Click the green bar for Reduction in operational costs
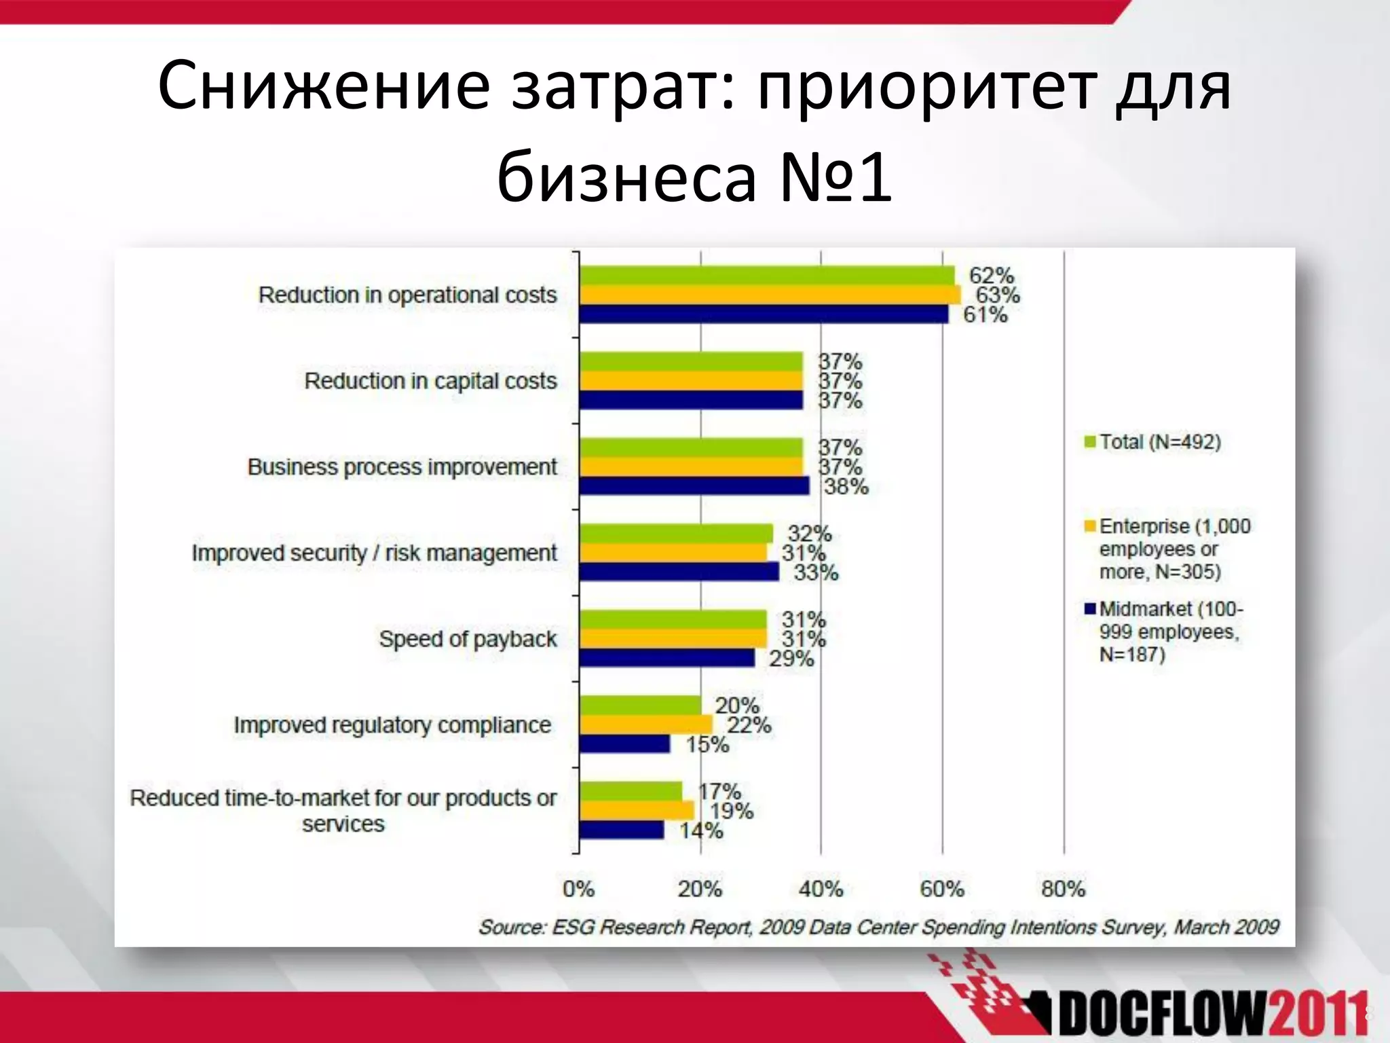[x=767, y=275]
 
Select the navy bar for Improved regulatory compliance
[x=624, y=744]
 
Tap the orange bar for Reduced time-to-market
[x=637, y=811]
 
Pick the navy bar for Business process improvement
[x=694, y=486]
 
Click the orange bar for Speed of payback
[x=673, y=639]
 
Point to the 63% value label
[x=997, y=295]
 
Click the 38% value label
[x=846, y=487]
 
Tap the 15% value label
[x=707, y=745]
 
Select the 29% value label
[x=791, y=659]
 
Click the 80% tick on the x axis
[x=1063, y=889]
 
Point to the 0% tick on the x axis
[x=578, y=889]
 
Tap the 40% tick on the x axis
[x=821, y=889]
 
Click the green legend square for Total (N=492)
[x=1091, y=442]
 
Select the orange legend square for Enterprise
[x=1091, y=526]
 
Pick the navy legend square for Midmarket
[x=1091, y=608]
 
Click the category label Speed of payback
[x=468, y=639]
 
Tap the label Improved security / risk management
[x=374, y=553]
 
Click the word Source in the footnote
[x=511, y=928]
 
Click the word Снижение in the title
[x=323, y=87]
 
